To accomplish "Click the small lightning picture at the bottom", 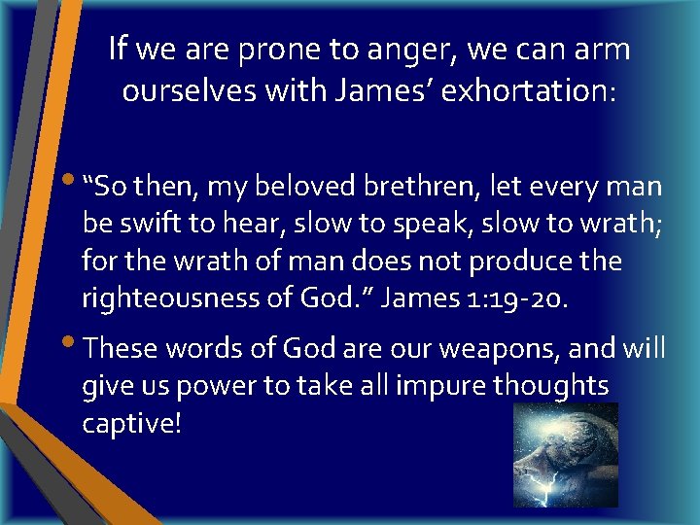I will [x=566, y=454].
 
